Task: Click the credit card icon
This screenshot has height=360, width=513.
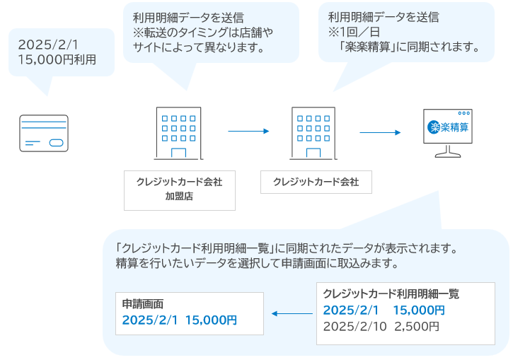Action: click(x=44, y=133)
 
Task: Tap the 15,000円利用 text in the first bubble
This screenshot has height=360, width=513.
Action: click(x=57, y=60)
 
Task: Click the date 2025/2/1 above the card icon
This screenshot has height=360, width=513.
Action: click(x=48, y=45)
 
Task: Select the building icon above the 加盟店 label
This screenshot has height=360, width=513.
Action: click(x=178, y=133)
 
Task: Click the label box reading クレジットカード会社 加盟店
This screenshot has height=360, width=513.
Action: click(x=180, y=190)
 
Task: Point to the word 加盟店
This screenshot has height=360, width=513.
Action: click(x=179, y=196)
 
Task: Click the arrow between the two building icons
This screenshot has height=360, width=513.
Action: click(x=248, y=131)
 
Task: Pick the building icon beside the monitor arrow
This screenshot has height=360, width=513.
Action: click(x=313, y=133)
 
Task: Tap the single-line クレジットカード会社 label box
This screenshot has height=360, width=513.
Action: click(x=316, y=182)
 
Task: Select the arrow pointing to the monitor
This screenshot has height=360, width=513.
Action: click(x=380, y=132)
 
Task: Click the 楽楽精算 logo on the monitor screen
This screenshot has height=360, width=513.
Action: click(x=448, y=127)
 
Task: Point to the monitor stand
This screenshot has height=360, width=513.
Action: click(x=448, y=151)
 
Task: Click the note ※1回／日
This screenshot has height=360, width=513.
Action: click(x=354, y=32)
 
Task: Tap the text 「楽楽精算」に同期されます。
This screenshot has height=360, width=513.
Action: click(x=409, y=47)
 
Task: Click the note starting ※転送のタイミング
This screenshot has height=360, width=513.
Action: click(x=203, y=40)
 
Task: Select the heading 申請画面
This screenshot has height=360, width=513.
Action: click(x=143, y=304)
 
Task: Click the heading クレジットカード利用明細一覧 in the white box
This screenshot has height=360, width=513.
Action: click(x=391, y=294)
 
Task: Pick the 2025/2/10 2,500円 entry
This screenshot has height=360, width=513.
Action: click(x=381, y=326)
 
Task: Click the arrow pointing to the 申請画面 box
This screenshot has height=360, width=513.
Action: click(x=292, y=313)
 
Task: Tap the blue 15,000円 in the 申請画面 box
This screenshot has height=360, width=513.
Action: click(x=211, y=320)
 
